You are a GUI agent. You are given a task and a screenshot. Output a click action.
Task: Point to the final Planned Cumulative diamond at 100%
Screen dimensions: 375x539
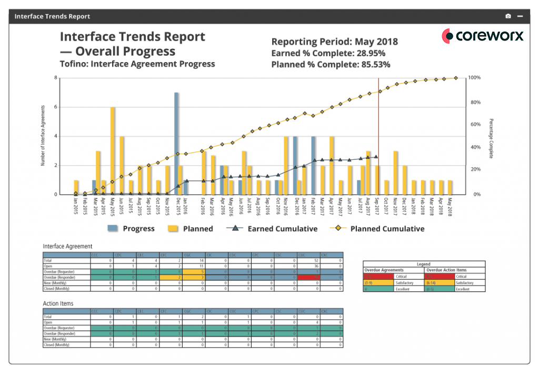[456, 78]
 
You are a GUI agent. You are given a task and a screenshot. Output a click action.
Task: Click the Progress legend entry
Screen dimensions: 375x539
[132, 229]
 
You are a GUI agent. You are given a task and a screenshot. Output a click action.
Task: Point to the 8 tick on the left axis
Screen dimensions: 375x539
[55, 78]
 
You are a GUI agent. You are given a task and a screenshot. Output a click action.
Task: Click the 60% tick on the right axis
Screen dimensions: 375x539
[475, 125]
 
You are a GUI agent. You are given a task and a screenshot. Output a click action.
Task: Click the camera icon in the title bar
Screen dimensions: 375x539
[508, 16]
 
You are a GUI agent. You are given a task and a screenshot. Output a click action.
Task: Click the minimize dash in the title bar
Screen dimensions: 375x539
[520, 16]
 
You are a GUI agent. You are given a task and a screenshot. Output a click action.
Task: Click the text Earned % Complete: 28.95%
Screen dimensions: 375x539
[328, 53]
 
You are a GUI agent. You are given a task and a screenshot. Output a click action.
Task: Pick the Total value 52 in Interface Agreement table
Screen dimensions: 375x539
[315, 260]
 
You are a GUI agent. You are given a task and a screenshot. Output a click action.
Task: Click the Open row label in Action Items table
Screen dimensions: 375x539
[49, 322]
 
